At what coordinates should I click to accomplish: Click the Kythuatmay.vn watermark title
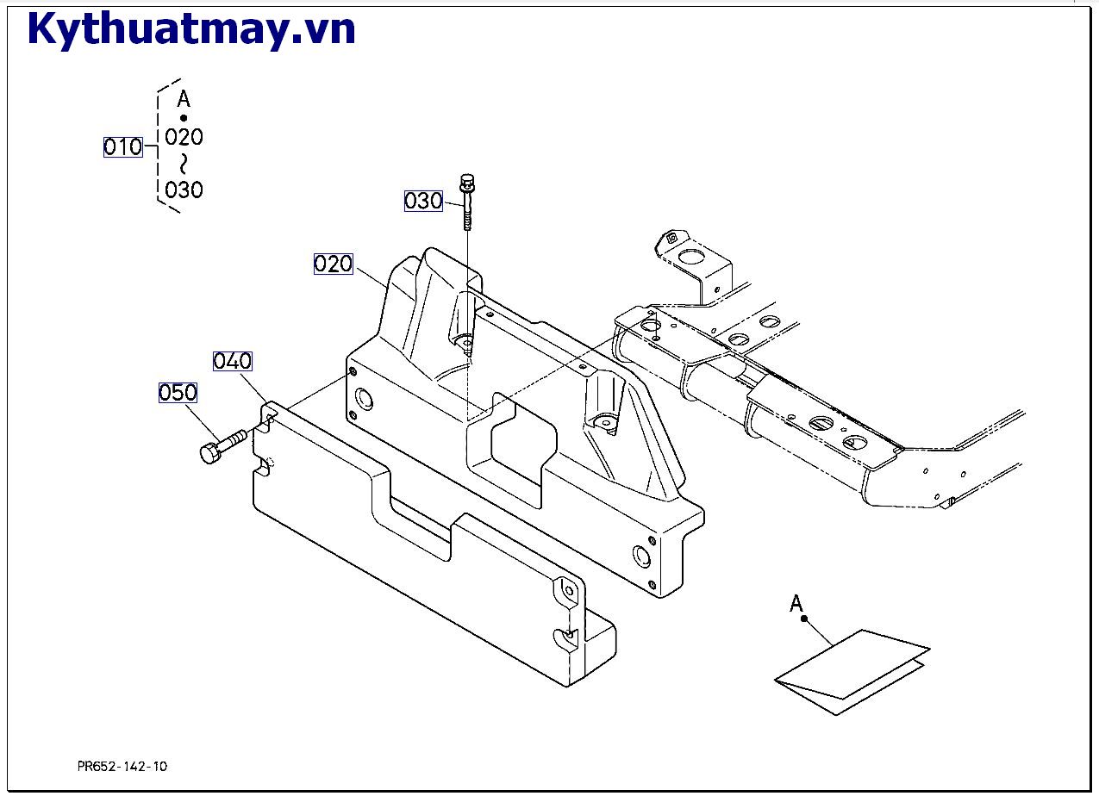(x=191, y=29)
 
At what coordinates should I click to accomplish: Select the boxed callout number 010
(x=122, y=147)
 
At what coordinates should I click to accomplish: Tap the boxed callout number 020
(x=333, y=264)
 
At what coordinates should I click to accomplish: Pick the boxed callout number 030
(x=423, y=202)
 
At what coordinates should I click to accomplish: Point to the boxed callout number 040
(x=232, y=361)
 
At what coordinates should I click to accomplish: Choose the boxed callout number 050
(x=178, y=393)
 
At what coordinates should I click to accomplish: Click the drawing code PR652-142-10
(x=122, y=766)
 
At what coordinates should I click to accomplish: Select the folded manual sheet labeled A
(x=852, y=671)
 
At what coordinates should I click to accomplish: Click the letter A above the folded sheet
(x=796, y=604)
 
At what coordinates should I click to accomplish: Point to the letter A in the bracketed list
(x=183, y=99)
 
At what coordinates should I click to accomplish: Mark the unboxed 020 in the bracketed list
(x=184, y=137)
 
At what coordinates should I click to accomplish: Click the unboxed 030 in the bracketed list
(x=184, y=190)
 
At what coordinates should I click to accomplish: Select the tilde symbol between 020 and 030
(x=183, y=164)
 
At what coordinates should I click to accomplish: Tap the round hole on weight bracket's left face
(x=363, y=399)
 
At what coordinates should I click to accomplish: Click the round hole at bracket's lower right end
(x=640, y=554)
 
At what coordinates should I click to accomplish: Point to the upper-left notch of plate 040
(x=268, y=420)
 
